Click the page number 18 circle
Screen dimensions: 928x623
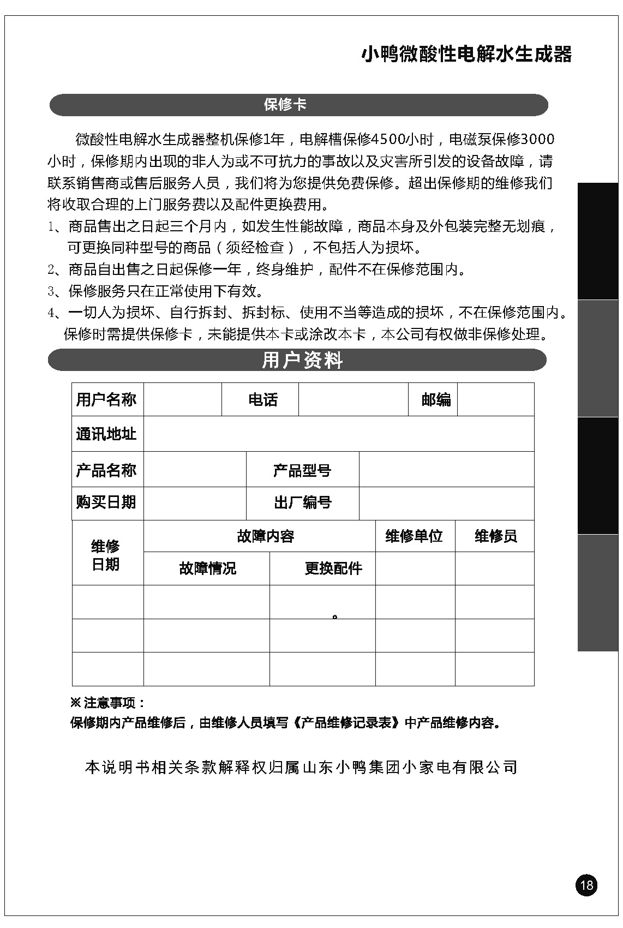tap(586, 884)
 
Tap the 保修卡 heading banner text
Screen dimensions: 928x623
tap(285, 105)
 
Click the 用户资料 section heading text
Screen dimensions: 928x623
tap(302, 360)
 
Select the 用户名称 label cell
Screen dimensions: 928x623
tap(106, 400)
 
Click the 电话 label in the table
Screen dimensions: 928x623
tap(263, 400)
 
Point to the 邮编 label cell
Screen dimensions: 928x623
tap(436, 400)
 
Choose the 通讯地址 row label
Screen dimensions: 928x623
tap(106, 434)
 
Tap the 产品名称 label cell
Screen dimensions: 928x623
tap(106, 470)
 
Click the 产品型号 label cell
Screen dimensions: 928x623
tap(302, 470)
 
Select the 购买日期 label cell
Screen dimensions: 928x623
tap(106, 502)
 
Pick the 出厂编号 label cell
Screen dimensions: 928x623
tap(302, 502)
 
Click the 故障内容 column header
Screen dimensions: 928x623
tap(266, 536)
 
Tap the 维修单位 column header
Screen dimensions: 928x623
tap(414, 536)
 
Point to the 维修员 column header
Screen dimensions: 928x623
tap(495, 536)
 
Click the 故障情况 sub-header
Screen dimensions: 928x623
tap(207, 568)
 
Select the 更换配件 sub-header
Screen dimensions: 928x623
tap(333, 568)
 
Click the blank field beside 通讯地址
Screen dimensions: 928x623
tap(338, 434)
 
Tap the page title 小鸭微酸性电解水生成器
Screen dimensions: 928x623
tap(466, 55)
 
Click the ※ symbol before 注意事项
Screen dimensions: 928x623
tap(76, 703)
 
